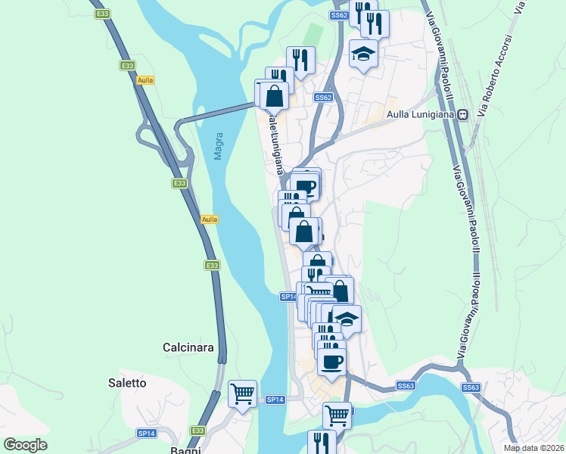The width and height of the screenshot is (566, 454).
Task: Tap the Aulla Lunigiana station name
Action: (420, 114)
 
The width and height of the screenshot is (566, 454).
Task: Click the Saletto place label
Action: (127, 383)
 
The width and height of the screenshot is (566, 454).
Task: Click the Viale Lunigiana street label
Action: (276, 147)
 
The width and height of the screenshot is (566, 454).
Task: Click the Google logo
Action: (25, 445)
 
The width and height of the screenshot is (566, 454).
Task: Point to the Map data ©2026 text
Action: (534, 448)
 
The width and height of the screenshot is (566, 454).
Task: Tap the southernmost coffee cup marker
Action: (331, 361)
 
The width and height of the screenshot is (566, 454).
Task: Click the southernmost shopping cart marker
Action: (337, 415)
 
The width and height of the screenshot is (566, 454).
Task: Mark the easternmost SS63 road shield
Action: (471, 387)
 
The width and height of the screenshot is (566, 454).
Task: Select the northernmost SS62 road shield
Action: (339, 15)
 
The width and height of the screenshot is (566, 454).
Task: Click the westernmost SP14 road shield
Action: (146, 434)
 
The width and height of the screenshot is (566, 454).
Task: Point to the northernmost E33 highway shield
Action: (102, 14)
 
